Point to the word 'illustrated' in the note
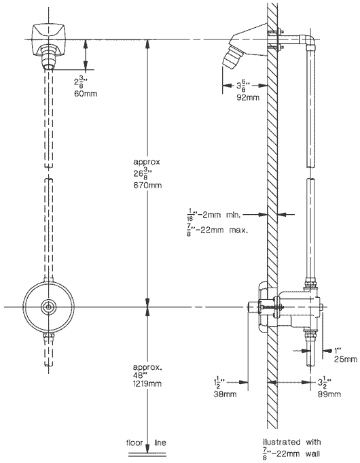tap(284, 441)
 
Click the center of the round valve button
tap(49, 307)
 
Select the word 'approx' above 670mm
tap(147, 164)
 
